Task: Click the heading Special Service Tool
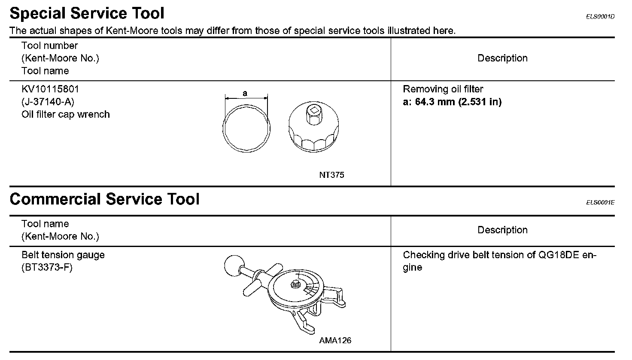(87, 14)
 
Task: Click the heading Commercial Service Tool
(104, 199)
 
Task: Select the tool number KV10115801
(50, 89)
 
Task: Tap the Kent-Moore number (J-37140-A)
(48, 102)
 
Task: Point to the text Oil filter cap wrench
(66, 115)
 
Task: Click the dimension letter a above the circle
(245, 93)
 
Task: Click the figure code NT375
(331, 175)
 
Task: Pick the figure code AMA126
(335, 340)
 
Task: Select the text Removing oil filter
(443, 89)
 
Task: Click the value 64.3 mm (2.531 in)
(458, 102)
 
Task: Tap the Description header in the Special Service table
(502, 58)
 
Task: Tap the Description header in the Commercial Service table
(502, 230)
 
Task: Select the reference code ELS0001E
(600, 203)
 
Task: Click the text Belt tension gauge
(63, 255)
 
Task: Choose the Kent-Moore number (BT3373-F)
(47, 268)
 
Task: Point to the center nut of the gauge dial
(295, 284)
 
